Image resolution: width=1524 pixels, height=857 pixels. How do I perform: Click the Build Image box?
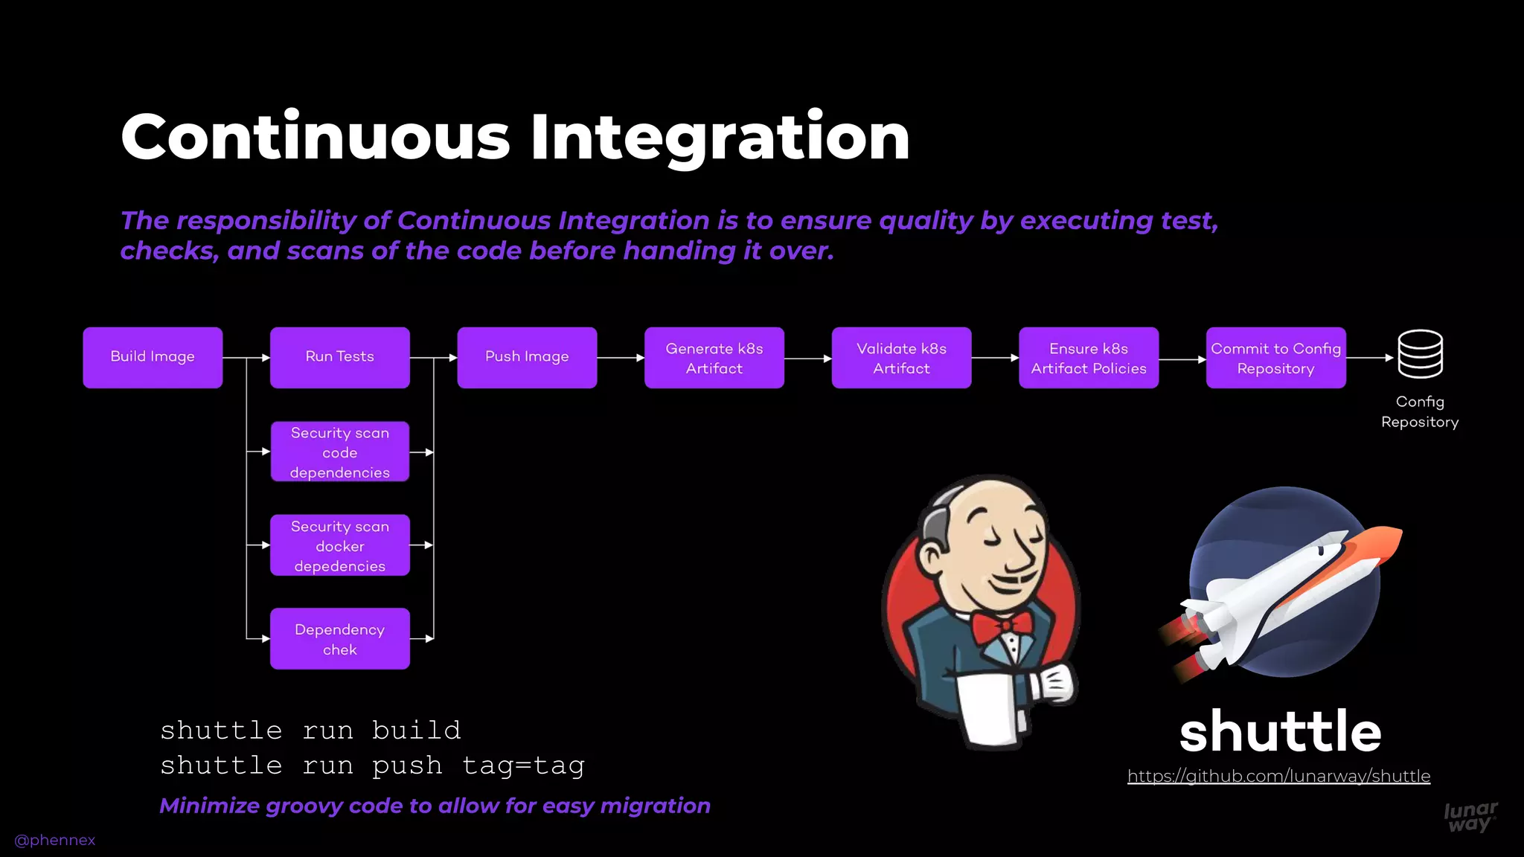pos(153,357)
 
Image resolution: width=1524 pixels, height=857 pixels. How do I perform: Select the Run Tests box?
pos(339,357)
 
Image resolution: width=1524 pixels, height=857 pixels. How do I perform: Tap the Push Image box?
pos(527,357)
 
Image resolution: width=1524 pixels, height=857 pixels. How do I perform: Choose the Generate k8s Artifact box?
pos(714,358)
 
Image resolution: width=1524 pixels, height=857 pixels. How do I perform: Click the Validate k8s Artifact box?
pos(901,358)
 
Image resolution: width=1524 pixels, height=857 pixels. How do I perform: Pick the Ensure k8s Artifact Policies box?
pos(1088,358)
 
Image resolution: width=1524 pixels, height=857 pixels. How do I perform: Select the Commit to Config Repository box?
pos(1275,358)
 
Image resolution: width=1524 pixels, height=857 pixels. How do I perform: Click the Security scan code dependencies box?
pos(339,452)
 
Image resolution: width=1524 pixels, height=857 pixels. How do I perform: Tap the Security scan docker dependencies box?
pos(339,545)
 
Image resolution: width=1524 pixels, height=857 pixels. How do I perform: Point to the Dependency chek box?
pos(339,638)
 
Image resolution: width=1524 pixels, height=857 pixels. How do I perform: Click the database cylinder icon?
pos(1420,354)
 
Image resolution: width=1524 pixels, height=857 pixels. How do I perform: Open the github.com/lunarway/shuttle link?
pos(1278,776)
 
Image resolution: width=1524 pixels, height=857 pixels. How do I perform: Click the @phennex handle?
pos(55,840)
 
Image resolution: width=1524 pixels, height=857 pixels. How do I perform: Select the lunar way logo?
pos(1470,816)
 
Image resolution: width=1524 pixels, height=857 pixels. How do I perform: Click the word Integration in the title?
pos(720,138)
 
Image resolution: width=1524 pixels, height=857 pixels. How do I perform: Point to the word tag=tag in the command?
pos(523,765)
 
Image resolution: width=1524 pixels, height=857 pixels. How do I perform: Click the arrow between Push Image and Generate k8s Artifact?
pos(621,358)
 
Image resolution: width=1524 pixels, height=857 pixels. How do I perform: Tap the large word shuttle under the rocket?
pos(1280,731)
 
